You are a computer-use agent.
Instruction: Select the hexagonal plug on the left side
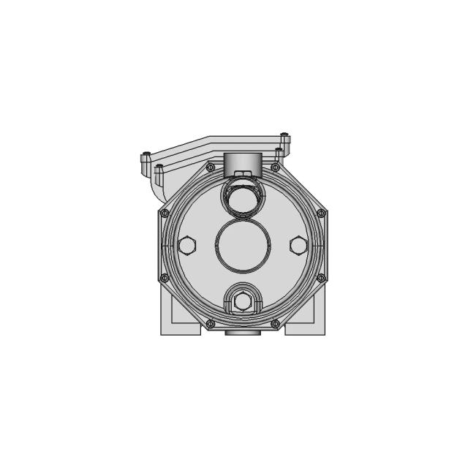click(187, 246)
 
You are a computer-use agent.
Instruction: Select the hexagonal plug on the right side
click(298, 246)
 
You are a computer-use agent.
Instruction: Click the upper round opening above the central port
click(242, 197)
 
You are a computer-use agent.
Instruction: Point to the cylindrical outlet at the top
click(242, 164)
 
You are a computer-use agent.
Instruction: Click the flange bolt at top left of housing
click(211, 167)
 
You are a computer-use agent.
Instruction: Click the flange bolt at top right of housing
click(275, 167)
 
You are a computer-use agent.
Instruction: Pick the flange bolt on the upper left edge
click(165, 213)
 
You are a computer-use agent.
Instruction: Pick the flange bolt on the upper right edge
click(320, 213)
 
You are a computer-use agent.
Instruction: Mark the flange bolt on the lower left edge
click(165, 277)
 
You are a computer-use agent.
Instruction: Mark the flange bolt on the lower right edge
click(320, 277)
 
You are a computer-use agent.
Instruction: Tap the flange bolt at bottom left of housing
click(211, 322)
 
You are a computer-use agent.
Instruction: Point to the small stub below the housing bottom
click(242, 333)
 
